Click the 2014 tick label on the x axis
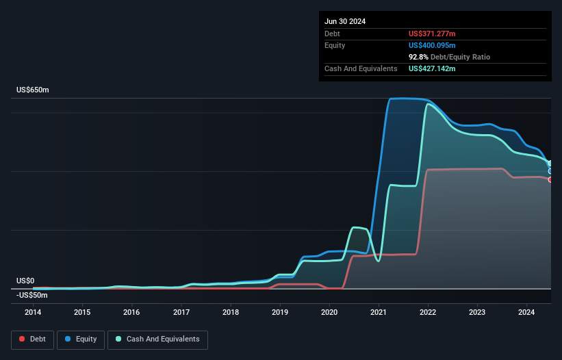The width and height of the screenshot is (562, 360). [32, 313]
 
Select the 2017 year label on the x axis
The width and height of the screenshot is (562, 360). [181, 313]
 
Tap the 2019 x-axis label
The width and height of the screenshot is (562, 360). [280, 313]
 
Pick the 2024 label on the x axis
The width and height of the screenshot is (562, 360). [526, 313]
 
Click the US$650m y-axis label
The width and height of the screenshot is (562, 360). [33, 90]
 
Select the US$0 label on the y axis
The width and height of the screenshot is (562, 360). [25, 281]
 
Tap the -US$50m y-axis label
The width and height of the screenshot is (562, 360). [31, 295]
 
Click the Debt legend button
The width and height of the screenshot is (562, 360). [33, 339]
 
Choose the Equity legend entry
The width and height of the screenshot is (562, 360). [81, 339]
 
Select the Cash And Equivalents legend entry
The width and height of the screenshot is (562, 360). [157, 339]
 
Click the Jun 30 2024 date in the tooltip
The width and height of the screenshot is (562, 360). [345, 21]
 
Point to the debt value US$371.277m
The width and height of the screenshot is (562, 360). [432, 34]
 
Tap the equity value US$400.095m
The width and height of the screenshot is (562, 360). [432, 45]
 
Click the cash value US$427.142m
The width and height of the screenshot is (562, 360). [432, 68]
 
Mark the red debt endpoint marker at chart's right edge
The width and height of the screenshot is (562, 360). [550, 179]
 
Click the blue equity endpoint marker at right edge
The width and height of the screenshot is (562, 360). [550, 171]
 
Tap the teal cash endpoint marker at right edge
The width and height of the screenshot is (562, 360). [550, 164]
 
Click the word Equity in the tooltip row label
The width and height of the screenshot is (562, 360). [335, 45]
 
